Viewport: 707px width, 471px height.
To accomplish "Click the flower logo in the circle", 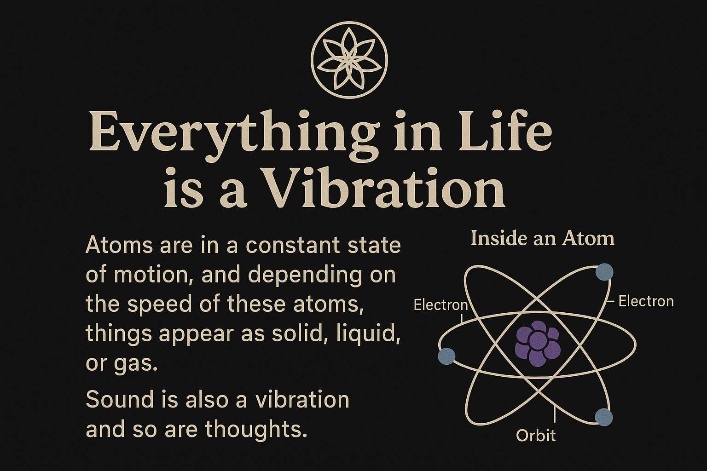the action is (349, 60).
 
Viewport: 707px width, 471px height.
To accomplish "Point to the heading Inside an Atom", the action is (543, 239).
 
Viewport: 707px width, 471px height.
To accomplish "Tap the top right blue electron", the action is (604, 272).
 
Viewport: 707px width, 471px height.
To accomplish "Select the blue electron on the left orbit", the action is (446, 356).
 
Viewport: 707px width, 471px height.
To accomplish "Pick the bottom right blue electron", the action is (603, 417).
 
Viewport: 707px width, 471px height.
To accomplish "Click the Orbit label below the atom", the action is (536, 436).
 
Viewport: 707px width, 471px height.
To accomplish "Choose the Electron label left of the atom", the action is (440, 305).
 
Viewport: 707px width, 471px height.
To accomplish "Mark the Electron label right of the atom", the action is (646, 301).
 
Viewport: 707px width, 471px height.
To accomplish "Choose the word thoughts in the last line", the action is (255, 429).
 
